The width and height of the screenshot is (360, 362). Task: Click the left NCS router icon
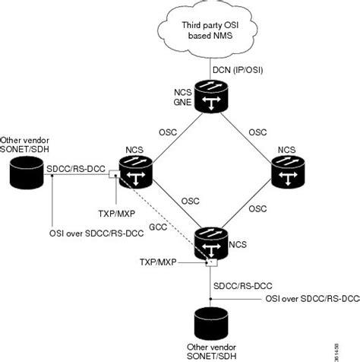(x=136, y=171)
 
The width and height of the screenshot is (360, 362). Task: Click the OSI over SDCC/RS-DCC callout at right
(x=311, y=299)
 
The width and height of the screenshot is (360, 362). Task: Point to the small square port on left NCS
(x=112, y=174)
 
